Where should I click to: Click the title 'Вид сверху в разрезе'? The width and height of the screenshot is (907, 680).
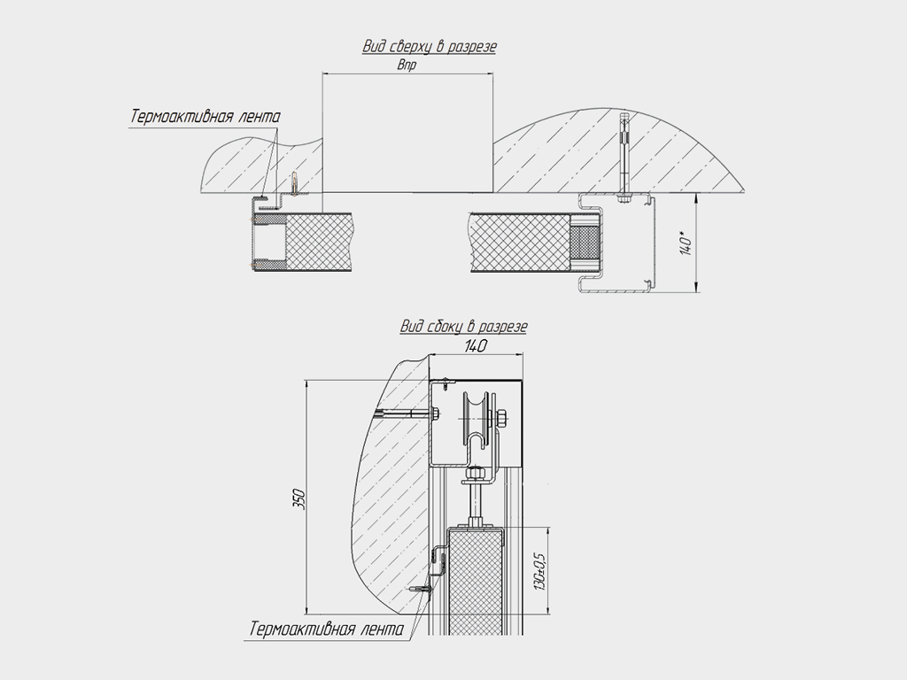430,46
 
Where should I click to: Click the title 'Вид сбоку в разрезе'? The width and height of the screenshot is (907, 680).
463,327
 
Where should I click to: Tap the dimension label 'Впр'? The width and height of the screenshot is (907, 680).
407,65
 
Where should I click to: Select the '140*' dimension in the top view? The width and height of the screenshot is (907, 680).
686,243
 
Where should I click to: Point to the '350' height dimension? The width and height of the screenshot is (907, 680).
298,498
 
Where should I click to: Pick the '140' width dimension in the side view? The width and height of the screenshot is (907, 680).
476,346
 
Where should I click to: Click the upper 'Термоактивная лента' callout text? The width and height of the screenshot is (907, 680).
205,116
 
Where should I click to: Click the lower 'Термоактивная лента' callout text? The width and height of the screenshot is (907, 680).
327,630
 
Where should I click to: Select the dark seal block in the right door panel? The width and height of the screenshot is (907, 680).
585,243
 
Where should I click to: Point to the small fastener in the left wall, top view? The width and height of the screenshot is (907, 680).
296,184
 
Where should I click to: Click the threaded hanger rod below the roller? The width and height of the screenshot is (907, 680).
475,503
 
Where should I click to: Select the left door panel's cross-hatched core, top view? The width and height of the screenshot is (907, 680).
319,241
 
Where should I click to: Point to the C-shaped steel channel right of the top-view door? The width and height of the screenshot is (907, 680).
616,243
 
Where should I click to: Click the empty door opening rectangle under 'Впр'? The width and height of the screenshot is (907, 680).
407,133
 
